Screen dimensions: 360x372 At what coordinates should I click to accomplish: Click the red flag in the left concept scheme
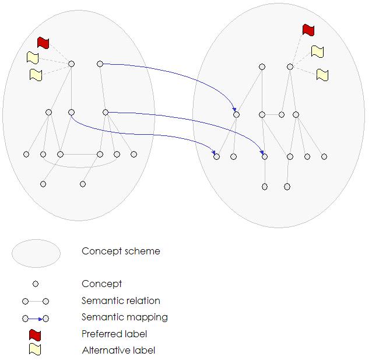[x=43, y=43]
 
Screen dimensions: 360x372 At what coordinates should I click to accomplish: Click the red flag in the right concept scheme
[x=308, y=30]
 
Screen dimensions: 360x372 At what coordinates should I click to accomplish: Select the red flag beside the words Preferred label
[x=36, y=334]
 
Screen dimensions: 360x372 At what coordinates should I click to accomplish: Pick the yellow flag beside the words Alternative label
[x=36, y=350]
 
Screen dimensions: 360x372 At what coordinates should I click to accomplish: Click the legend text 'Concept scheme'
[x=121, y=251]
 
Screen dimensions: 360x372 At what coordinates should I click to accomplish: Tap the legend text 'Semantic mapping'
[x=125, y=317]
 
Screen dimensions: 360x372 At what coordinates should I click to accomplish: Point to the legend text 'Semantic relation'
[x=121, y=301]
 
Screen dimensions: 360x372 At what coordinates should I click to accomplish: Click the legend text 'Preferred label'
[x=114, y=334]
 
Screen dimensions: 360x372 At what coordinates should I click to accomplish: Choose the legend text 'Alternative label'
[x=118, y=351]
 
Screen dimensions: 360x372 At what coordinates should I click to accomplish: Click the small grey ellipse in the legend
[x=36, y=253]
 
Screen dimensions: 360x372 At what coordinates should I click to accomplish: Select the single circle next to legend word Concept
[x=36, y=284]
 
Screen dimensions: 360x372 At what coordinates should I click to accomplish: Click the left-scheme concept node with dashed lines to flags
[x=71, y=64]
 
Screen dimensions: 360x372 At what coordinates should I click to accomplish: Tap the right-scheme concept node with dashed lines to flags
[x=290, y=67]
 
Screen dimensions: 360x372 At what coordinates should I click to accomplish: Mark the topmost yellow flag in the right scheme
[x=317, y=51]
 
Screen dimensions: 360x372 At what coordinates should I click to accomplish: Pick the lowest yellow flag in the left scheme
[x=36, y=75]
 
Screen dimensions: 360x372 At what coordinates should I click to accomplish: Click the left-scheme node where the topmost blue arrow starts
[x=100, y=64]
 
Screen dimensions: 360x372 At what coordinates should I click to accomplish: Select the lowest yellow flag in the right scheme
[x=322, y=75]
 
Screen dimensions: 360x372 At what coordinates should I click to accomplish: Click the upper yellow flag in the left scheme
[x=33, y=58]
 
